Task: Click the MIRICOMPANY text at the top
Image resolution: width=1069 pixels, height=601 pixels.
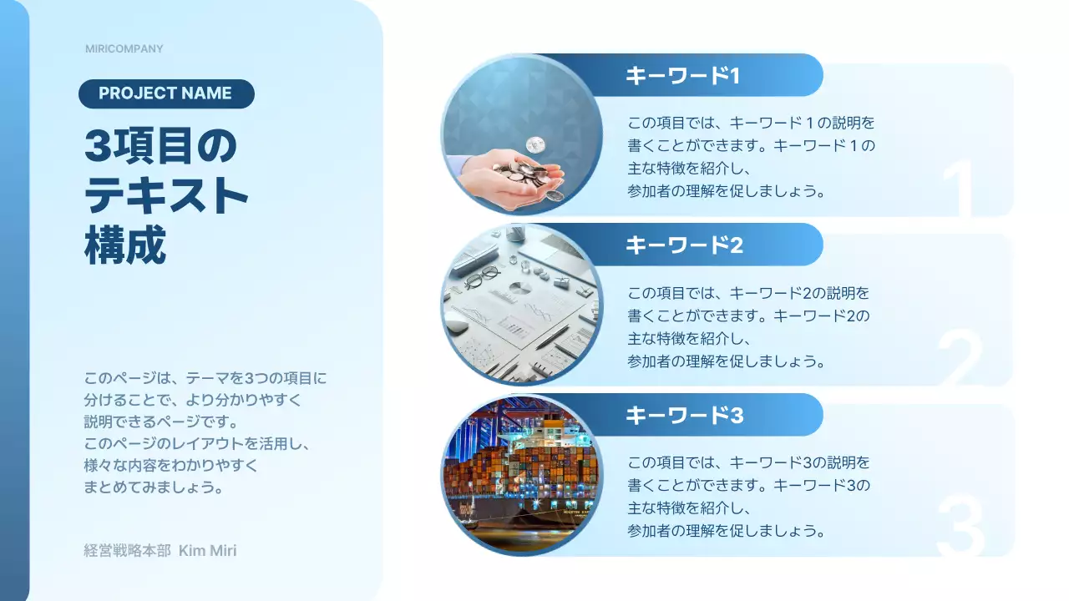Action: (124, 48)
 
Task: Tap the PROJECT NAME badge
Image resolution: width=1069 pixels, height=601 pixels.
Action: (165, 93)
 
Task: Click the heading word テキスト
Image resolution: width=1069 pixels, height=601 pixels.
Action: (167, 196)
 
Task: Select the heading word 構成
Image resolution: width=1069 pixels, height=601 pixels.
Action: (125, 246)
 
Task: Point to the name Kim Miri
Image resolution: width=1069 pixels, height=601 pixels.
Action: (208, 551)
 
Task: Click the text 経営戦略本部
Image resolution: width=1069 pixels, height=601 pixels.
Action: (127, 551)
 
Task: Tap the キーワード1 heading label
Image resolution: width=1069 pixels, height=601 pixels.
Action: (683, 76)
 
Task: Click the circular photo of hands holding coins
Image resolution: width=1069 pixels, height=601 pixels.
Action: (522, 135)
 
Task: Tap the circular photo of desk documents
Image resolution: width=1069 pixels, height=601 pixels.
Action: (522, 305)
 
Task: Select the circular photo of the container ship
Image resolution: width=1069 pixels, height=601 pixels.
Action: (522, 474)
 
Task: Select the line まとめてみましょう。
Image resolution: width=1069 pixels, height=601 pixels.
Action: (155, 487)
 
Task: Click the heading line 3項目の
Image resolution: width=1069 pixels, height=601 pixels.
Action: (161, 147)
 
